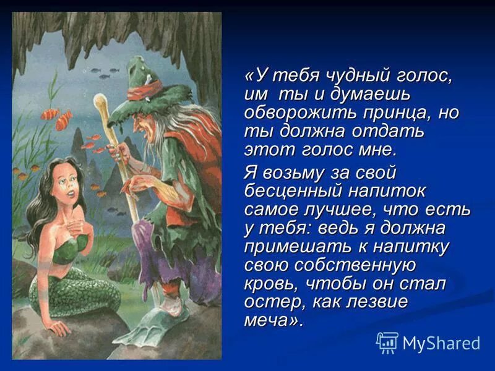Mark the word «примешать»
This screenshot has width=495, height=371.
pos(291,247)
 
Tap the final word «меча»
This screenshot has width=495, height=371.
pos(272,322)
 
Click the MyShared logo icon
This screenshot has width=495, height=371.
pos(387,342)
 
